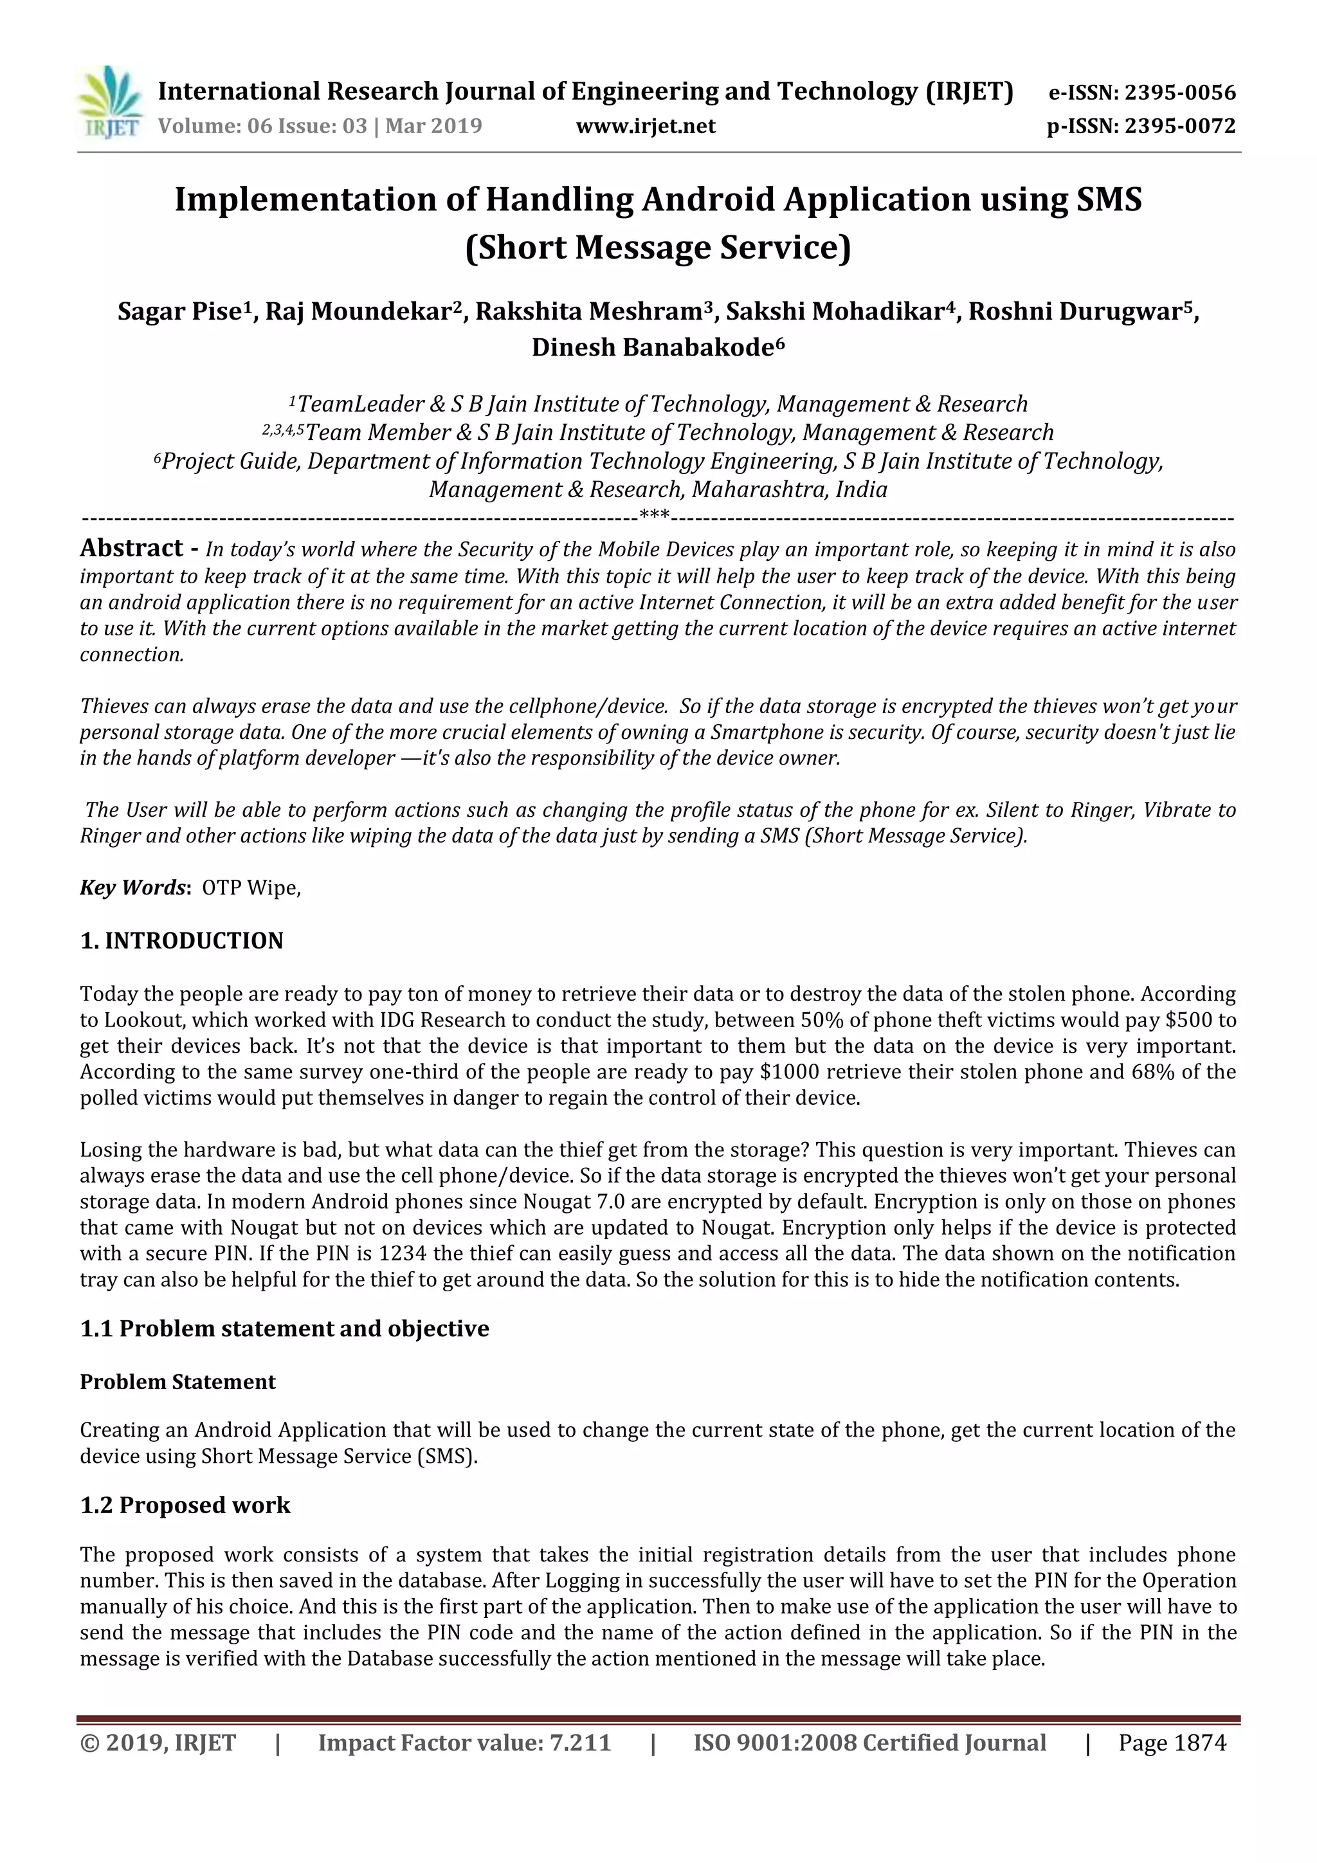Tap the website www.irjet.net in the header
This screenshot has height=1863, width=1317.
[x=646, y=127]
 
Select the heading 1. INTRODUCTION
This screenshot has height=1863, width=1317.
[x=182, y=941]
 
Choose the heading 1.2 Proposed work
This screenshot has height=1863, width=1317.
[x=185, y=1505]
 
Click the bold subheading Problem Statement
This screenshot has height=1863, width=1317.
[x=177, y=1382]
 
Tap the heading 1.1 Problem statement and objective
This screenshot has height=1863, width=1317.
[x=284, y=1329]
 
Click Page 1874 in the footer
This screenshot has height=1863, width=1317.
[x=1172, y=1743]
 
